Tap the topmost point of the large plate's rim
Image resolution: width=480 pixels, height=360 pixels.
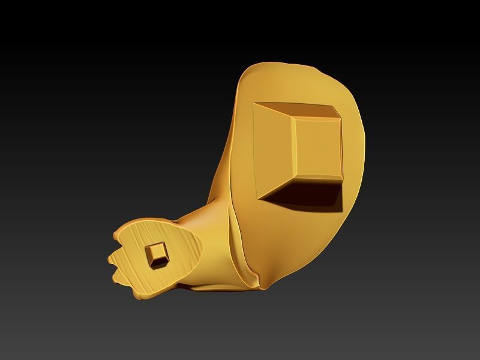click(x=282, y=61)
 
